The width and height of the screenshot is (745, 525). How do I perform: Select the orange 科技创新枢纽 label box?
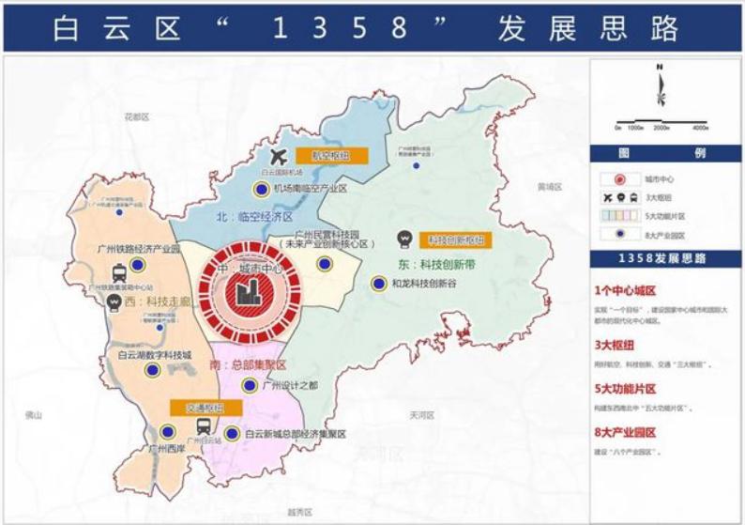point(454,240)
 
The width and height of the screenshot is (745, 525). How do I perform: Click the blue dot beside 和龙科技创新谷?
point(378,283)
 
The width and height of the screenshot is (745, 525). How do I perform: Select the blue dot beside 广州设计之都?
point(250,385)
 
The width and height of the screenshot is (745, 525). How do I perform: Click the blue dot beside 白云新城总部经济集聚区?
point(231,434)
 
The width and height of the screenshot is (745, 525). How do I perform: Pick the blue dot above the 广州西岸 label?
point(166,432)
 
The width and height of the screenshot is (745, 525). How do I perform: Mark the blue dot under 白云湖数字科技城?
point(151,372)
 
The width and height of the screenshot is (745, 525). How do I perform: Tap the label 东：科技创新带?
point(436,264)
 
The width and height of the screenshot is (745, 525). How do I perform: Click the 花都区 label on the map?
point(137,116)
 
